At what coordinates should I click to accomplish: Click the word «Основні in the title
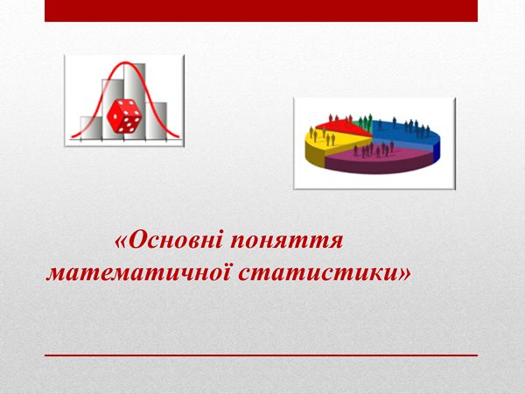[168, 241]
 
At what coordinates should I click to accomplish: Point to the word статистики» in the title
[325, 274]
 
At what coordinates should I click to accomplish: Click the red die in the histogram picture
[123, 116]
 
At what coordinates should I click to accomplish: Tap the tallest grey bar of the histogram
[135, 101]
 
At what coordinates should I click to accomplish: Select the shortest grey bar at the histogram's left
[91, 127]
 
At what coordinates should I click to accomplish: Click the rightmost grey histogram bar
[156, 120]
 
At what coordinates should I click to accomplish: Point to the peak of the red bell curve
[125, 62]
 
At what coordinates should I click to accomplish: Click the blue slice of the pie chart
[407, 134]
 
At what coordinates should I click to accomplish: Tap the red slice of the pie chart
[341, 127]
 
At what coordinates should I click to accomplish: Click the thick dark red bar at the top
[261, 11]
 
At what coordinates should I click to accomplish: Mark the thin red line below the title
[261, 355]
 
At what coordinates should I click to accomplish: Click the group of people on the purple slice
[374, 149]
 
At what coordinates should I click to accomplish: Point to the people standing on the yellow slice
[322, 136]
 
